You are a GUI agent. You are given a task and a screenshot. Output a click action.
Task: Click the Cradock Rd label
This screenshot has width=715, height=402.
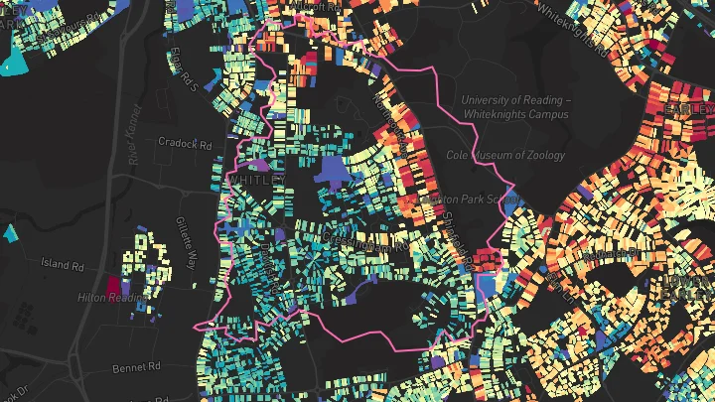tap(186, 143)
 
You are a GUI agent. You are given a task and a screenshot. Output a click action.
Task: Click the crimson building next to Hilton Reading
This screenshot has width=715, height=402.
tap(114, 286)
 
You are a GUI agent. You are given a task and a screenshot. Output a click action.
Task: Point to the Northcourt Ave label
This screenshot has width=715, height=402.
tap(390, 116)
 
